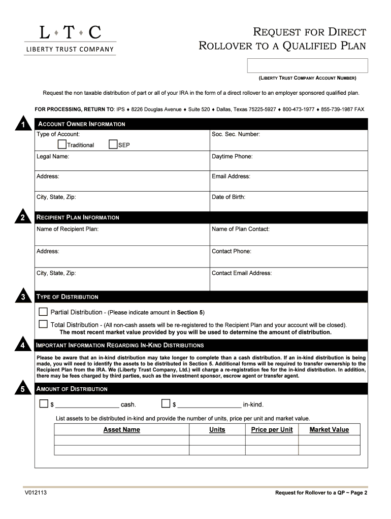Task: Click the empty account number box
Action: coord(307,66)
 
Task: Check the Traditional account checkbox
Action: coord(62,145)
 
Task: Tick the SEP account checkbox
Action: coord(113,145)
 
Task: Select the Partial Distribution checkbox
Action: coord(44,312)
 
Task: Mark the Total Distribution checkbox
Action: coord(44,324)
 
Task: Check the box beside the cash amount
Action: coord(44,404)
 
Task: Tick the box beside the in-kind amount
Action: coord(166,404)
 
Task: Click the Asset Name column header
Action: coord(121,430)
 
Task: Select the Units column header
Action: coord(217,430)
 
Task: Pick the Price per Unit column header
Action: coord(272,430)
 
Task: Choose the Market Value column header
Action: coord(329,430)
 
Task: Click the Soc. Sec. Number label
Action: coord(236,134)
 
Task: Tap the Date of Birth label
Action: coord(229,197)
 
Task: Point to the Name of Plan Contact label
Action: coord(240,229)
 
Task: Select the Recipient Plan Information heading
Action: coord(78,217)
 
